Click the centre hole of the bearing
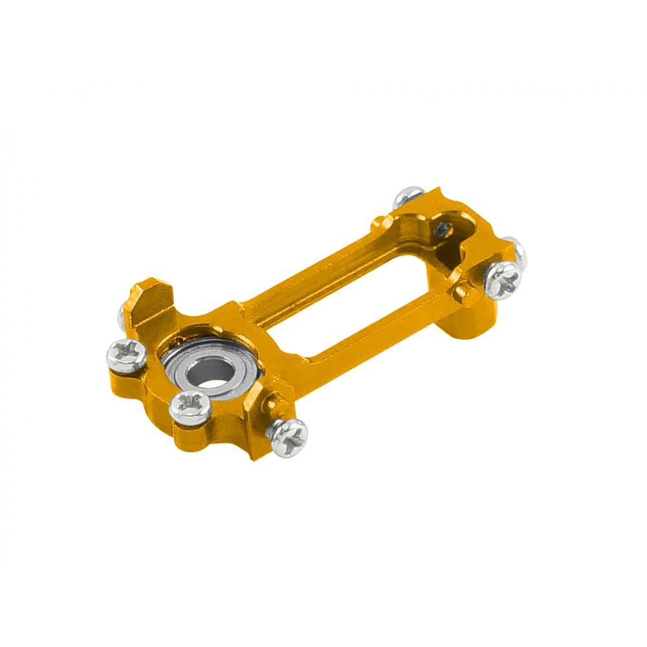[208, 374]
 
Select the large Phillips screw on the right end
[501, 280]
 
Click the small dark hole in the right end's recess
[443, 228]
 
